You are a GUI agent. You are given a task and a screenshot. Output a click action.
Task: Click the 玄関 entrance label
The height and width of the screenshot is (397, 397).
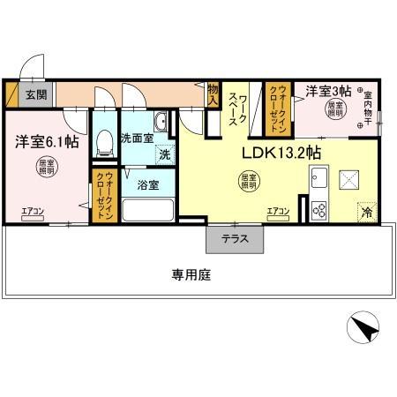[x=36, y=94]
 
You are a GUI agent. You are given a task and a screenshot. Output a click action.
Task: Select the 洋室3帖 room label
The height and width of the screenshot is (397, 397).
[x=329, y=91]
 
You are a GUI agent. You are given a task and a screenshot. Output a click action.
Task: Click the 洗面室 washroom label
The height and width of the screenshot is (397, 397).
[x=138, y=137]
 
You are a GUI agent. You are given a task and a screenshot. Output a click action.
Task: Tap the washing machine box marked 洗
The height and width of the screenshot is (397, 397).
[x=164, y=155]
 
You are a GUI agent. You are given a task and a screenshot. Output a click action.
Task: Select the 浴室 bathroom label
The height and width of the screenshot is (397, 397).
[x=147, y=185]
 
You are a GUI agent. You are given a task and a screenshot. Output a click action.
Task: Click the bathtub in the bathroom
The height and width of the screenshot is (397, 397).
[x=146, y=210]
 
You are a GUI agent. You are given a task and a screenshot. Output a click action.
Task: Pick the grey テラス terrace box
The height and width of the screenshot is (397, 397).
[x=234, y=238]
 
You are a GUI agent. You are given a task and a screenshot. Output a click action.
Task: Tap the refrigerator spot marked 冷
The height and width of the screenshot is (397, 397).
[x=364, y=212]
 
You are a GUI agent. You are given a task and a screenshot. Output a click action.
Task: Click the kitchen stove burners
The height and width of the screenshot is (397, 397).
[x=318, y=210]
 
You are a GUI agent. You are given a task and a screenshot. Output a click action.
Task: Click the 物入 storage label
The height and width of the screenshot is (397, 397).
[x=213, y=94]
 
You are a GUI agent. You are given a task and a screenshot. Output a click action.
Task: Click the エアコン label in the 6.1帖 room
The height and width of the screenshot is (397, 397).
[x=33, y=209]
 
